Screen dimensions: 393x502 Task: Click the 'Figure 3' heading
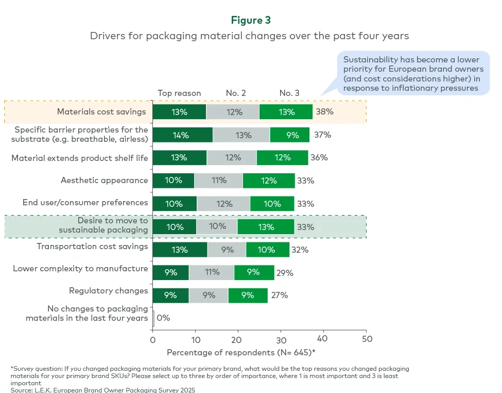[x=251, y=20]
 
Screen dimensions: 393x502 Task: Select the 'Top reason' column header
[x=179, y=93]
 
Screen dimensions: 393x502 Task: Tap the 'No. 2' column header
[x=236, y=93]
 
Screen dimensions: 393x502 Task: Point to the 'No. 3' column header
[x=289, y=93]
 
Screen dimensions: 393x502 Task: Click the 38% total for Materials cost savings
[x=324, y=112]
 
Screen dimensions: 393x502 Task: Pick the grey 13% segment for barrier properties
[x=241, y=135]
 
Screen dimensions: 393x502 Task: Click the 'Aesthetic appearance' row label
[x=105, y=181]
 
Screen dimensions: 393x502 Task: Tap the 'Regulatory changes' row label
[x=109, y=291]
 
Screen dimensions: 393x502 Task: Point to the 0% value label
[x=163, y=318]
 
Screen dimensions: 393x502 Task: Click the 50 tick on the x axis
[x=366, y=339]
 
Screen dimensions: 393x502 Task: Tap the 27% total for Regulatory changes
[x=280, y=296]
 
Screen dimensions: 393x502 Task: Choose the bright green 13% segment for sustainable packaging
[x=266, y=227]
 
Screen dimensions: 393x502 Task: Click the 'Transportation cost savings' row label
[x=92, y=247]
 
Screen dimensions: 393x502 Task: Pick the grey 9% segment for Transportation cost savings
[x=227, y=250]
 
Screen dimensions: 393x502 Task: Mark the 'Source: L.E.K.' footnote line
[x=103, y=389]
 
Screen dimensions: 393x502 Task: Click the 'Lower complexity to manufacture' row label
[x=80, y=269]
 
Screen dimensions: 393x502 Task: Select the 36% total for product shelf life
[x=319, y=158]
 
